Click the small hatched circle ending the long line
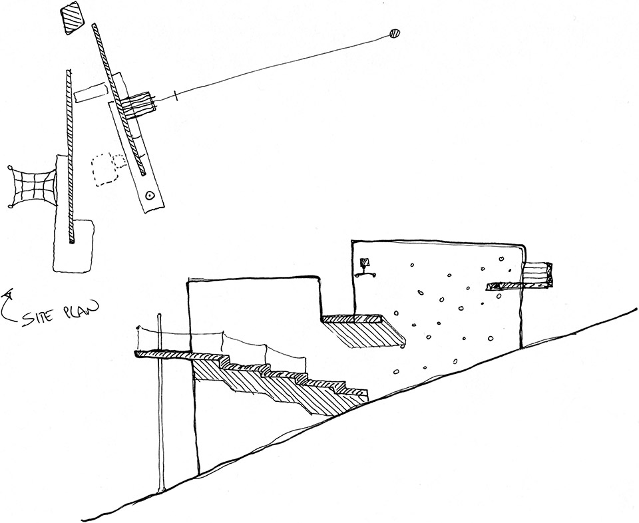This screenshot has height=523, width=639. click(393, 34)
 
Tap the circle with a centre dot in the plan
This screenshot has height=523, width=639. click(150, 196)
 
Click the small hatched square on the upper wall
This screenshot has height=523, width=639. click(364, 261)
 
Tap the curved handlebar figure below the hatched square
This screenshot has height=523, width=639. click(365, 273)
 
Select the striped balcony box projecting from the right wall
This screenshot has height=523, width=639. click(538, 271)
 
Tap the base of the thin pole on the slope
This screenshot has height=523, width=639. click(160, 490)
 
